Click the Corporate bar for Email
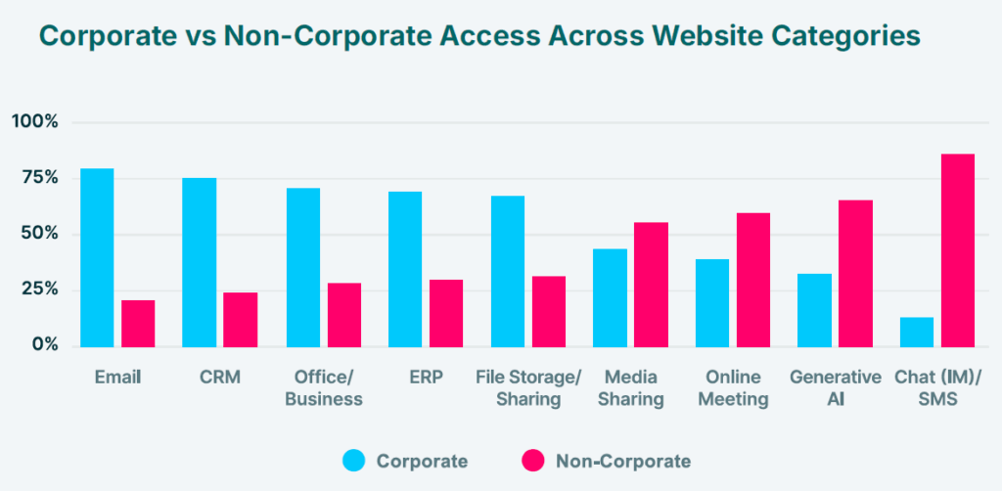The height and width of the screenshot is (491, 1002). click(97, 257)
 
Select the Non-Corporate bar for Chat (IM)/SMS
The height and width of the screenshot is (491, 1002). click(958, 250)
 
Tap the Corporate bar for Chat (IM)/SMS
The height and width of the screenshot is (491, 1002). click(917, 332)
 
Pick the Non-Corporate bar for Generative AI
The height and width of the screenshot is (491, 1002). click(855, 273)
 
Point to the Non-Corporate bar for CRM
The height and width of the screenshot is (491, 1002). click(241, 319)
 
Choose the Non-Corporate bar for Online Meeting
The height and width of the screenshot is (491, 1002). click(753, 280)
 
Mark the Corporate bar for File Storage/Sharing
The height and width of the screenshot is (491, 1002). click(508, 271)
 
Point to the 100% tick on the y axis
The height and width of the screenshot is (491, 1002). click(35, 122)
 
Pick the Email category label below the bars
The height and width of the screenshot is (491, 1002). click(117, 377)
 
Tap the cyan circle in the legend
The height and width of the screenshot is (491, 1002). click(353, 461)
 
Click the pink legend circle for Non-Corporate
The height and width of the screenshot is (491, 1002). click(532, 461)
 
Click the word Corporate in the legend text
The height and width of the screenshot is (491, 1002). click(422, 461)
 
